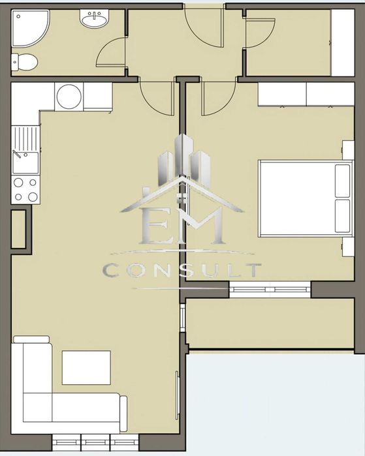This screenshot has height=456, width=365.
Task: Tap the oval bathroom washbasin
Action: [94, 19]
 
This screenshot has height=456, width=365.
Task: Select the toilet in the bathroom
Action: [24, 62]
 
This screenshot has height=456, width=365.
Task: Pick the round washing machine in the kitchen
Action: [69, 97]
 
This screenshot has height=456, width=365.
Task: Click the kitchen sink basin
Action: [25, 163]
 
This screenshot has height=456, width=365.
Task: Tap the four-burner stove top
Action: [25, 190]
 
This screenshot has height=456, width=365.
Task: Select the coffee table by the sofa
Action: [86, 367]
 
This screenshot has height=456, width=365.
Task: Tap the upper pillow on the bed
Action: [343, 181]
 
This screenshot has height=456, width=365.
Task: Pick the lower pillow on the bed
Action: [343, 216]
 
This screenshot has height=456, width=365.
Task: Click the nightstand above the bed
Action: [348, 150]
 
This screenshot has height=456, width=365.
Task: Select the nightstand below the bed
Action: [348, 247]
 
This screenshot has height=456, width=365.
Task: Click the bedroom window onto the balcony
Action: [270, 290]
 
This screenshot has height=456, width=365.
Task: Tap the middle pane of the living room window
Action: [95, 442]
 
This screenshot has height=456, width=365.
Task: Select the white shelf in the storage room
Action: [342, 43]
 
